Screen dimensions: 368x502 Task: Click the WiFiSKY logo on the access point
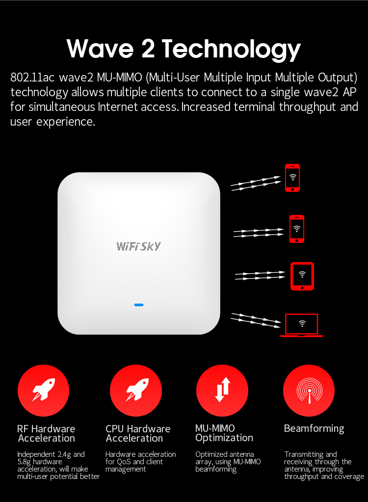tap(138, 246)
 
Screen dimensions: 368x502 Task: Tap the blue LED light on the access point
tap(139, 305)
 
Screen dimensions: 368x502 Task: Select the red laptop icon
tap(301, 325)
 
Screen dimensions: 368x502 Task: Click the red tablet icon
tap(302, 276)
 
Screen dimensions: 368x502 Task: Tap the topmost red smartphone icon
tap(292, 178)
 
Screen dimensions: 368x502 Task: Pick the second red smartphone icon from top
tap(297, 229)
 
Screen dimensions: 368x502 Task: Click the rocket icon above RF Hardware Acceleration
tap(43, 390)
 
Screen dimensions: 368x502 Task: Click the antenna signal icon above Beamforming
tap(309, 390)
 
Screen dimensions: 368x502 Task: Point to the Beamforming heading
tap(314, 429)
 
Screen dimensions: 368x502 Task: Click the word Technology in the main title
tap(231, 50)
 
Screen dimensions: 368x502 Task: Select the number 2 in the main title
tap(148, 49)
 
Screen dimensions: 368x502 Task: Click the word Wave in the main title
tap(100, 49)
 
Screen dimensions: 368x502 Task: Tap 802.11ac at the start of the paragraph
tap(28, 78)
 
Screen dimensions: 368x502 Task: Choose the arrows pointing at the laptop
tap(256, 320)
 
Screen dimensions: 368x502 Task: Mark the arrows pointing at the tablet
tap(260, 276)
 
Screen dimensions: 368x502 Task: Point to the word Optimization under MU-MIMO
tap(224, 438)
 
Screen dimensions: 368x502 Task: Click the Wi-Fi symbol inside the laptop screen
tap(302, 324)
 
